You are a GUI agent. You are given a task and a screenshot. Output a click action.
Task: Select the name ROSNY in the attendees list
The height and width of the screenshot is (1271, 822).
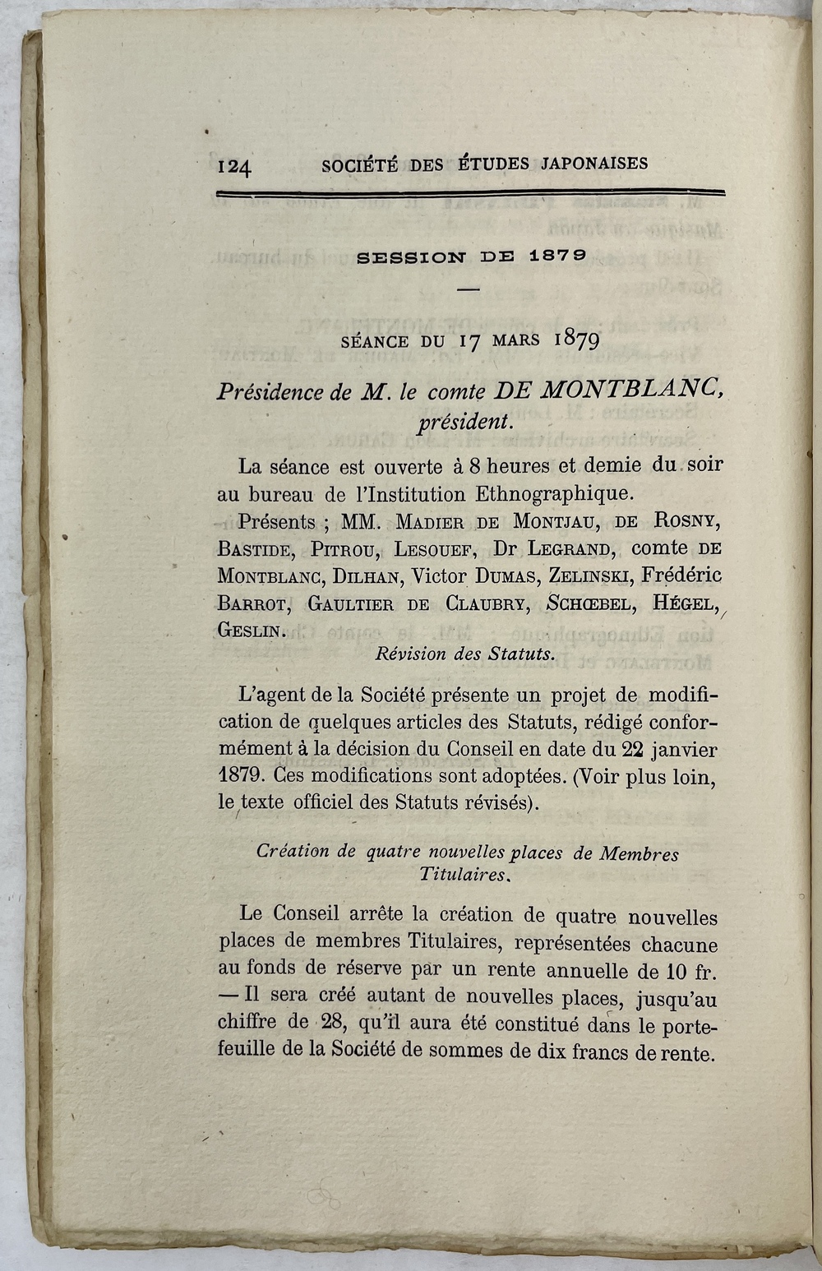(688, 521)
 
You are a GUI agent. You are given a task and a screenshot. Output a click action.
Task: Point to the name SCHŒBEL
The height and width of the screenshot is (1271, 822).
(584, 604)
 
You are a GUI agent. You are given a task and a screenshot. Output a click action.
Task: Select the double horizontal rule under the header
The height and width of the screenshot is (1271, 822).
(469, 194)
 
